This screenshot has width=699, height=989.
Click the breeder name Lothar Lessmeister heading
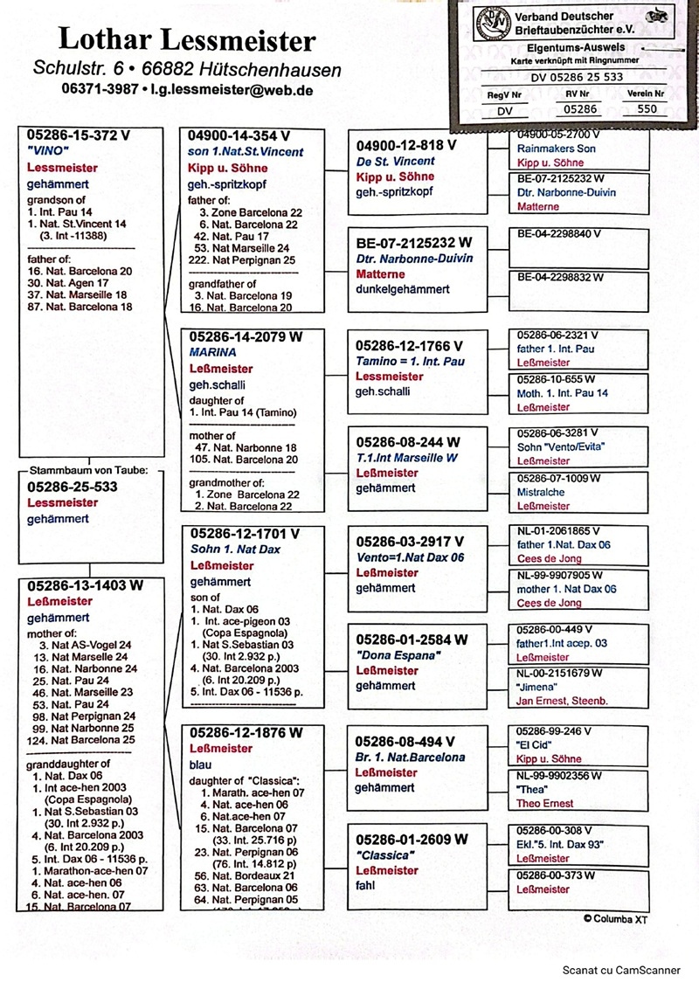tap(187, 39)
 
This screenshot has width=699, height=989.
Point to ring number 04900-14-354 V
tap(239, 135)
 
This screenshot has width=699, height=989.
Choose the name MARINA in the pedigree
tap(213, 352)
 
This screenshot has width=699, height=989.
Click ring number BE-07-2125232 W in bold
tap(414, 242)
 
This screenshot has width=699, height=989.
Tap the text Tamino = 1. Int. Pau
tap(410, 362)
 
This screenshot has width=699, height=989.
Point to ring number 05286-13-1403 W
tap(85, 586)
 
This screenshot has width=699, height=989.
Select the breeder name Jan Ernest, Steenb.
tap(564, 701)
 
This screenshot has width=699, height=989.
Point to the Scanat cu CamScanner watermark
tap(620, 969)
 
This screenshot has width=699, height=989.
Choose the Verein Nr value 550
tap(647, 109)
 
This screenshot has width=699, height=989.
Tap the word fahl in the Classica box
tap(366, 886)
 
